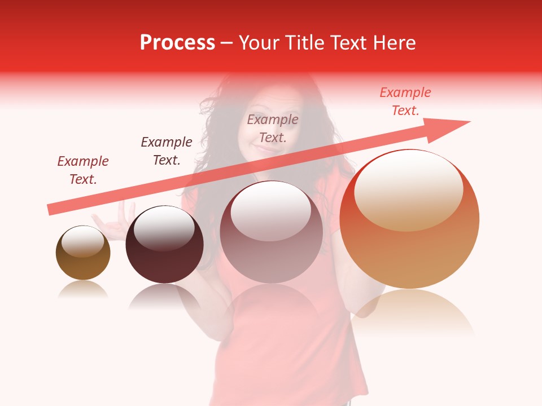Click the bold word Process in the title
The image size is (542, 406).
[x=177, y=43]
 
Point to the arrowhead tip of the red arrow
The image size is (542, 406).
[x=469, y=122]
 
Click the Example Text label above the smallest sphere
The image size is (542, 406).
[x=83, y=170]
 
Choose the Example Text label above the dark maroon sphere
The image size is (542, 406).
[x=167, y=151]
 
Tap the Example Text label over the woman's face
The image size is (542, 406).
[x=273, y=129]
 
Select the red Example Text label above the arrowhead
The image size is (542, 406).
[x=405, y=101]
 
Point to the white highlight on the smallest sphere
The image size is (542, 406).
[x=82, y=242]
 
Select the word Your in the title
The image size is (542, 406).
[x=259, y=43]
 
